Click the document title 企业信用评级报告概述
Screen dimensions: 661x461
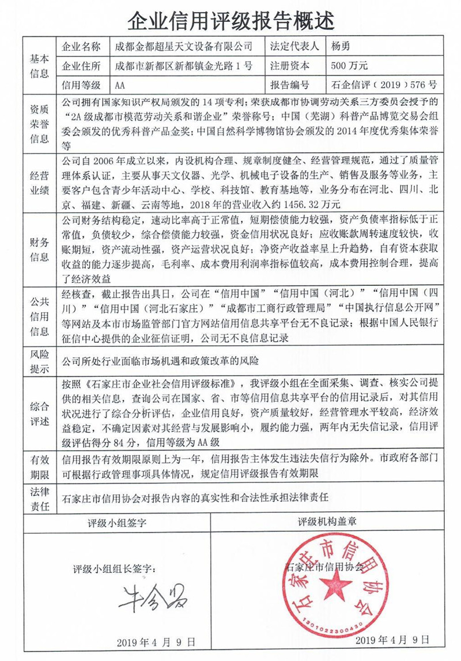coord(231,20)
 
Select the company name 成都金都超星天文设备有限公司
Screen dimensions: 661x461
coord(184,46)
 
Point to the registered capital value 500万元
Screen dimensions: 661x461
coord(349,65)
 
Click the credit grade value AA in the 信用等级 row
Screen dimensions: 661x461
coord(120,85)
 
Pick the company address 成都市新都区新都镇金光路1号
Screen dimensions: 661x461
coord(183,65)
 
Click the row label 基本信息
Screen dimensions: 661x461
coord(39,65)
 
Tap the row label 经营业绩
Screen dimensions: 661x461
coord(39,182)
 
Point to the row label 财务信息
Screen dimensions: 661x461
coord(39,248)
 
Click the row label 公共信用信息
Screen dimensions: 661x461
coord(39,315)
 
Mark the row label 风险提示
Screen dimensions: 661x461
coord(39,361)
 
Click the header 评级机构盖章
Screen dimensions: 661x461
coord(328,523)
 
